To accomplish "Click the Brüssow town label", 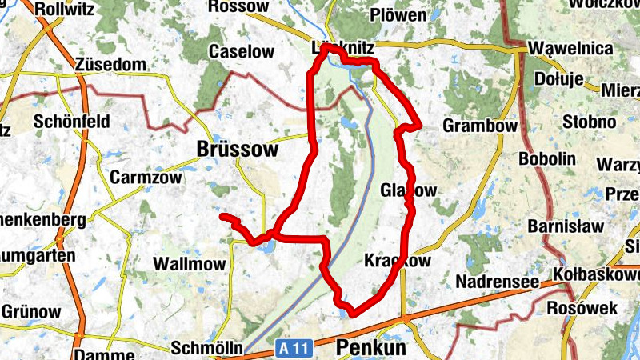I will [238, 150].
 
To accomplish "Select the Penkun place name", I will [371, 348].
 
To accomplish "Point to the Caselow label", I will [241, 52].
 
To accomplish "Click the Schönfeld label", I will [70, 122].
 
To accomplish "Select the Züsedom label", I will [111, 64].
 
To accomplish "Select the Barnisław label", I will [566, 226].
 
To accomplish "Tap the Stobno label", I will [589, 122].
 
